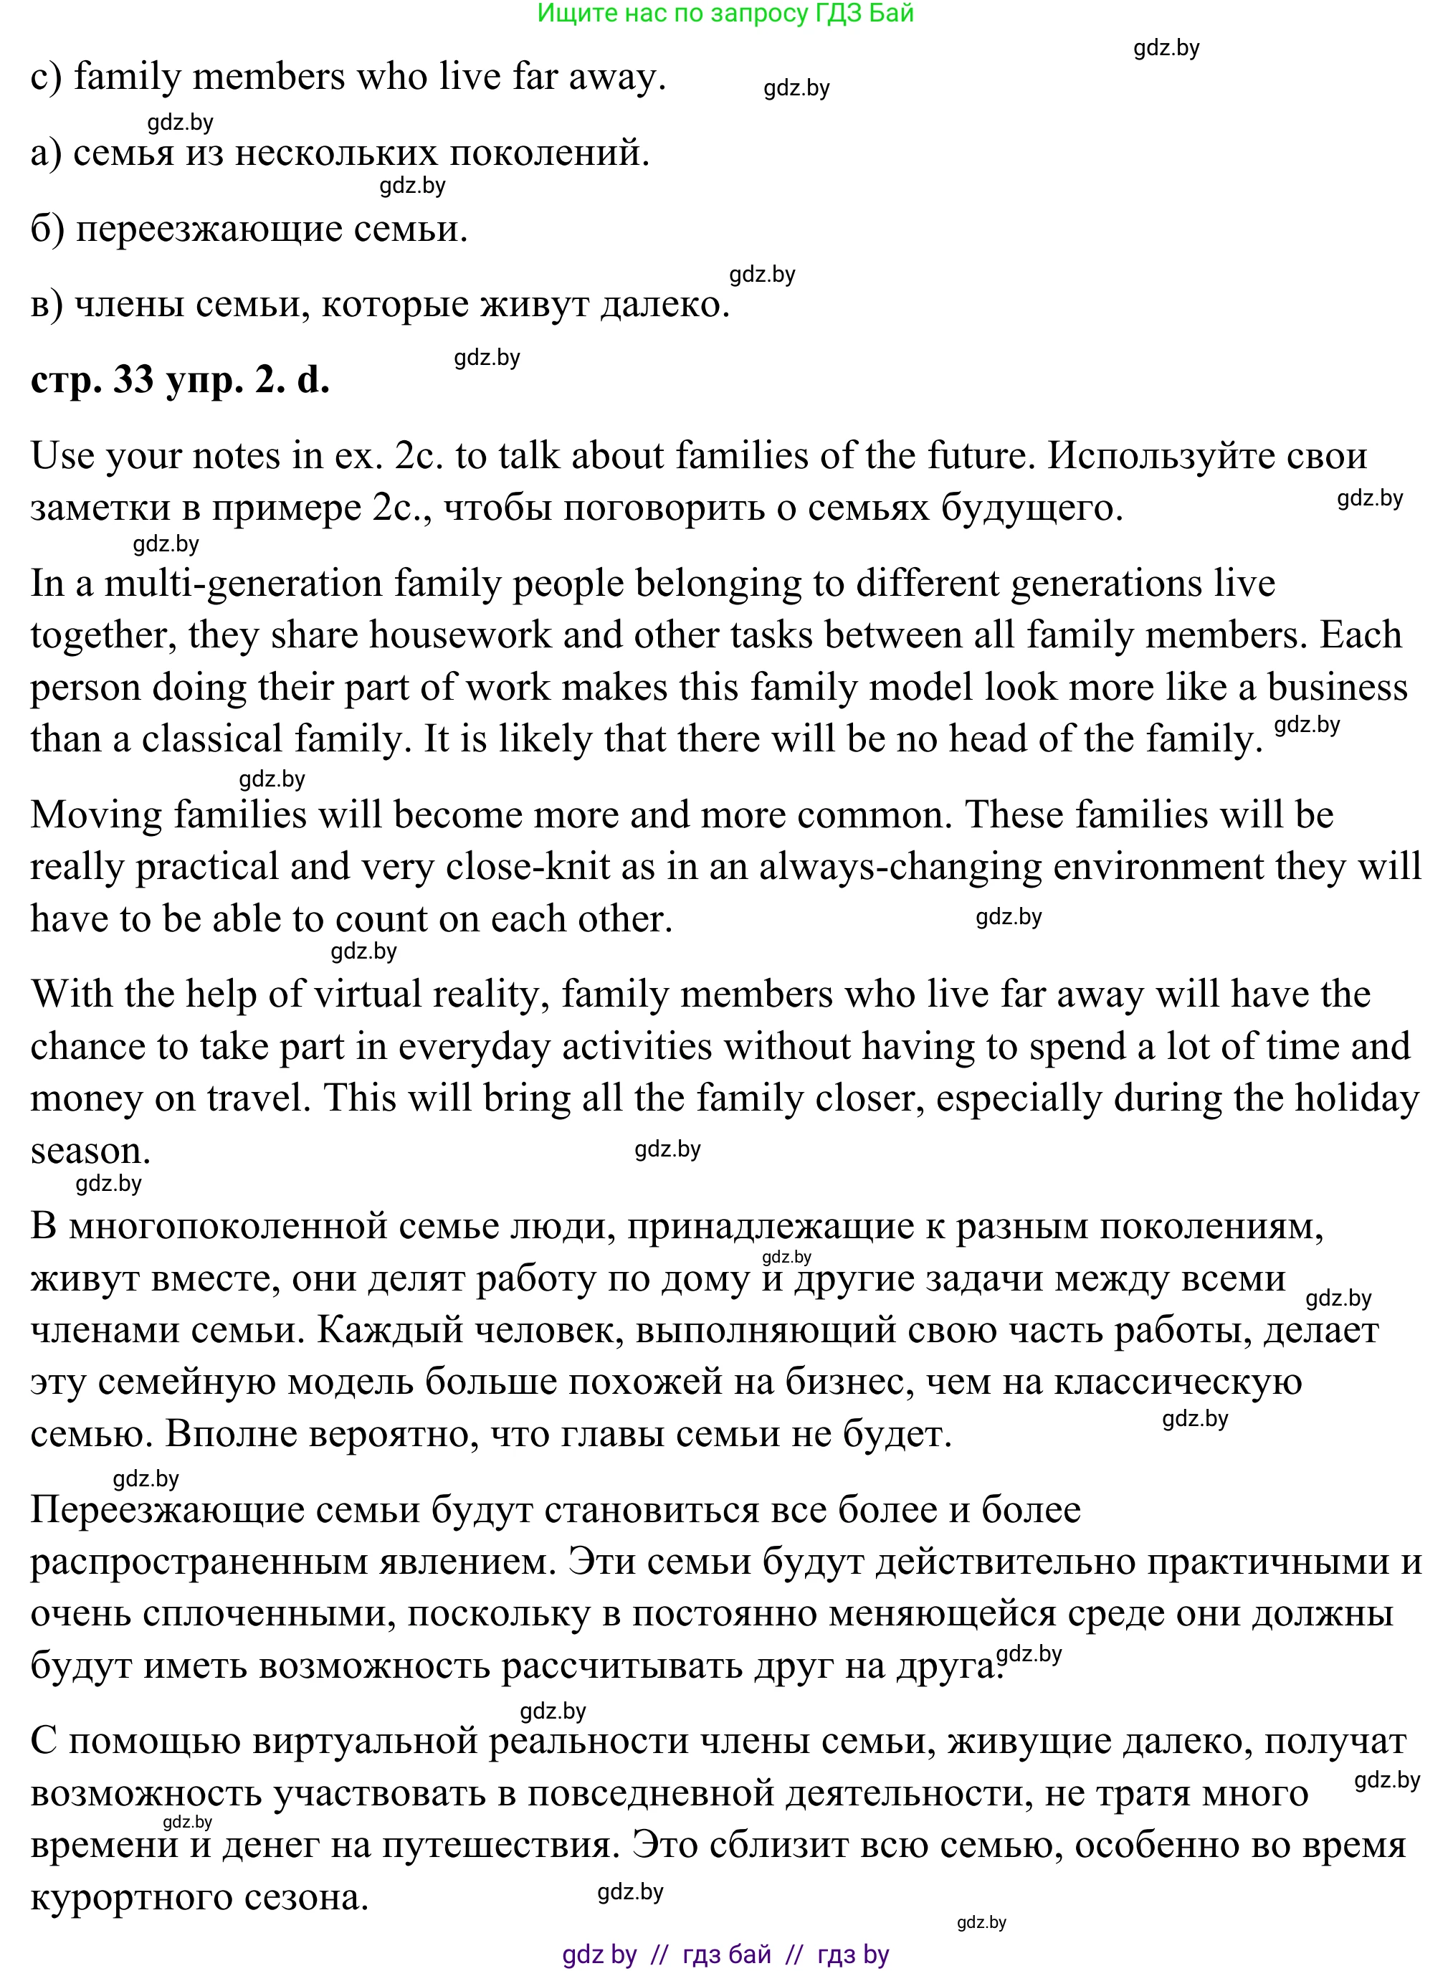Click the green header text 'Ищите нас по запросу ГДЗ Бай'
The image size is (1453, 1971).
click(725, 13)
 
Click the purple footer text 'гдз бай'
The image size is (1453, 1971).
click(727, 1955)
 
